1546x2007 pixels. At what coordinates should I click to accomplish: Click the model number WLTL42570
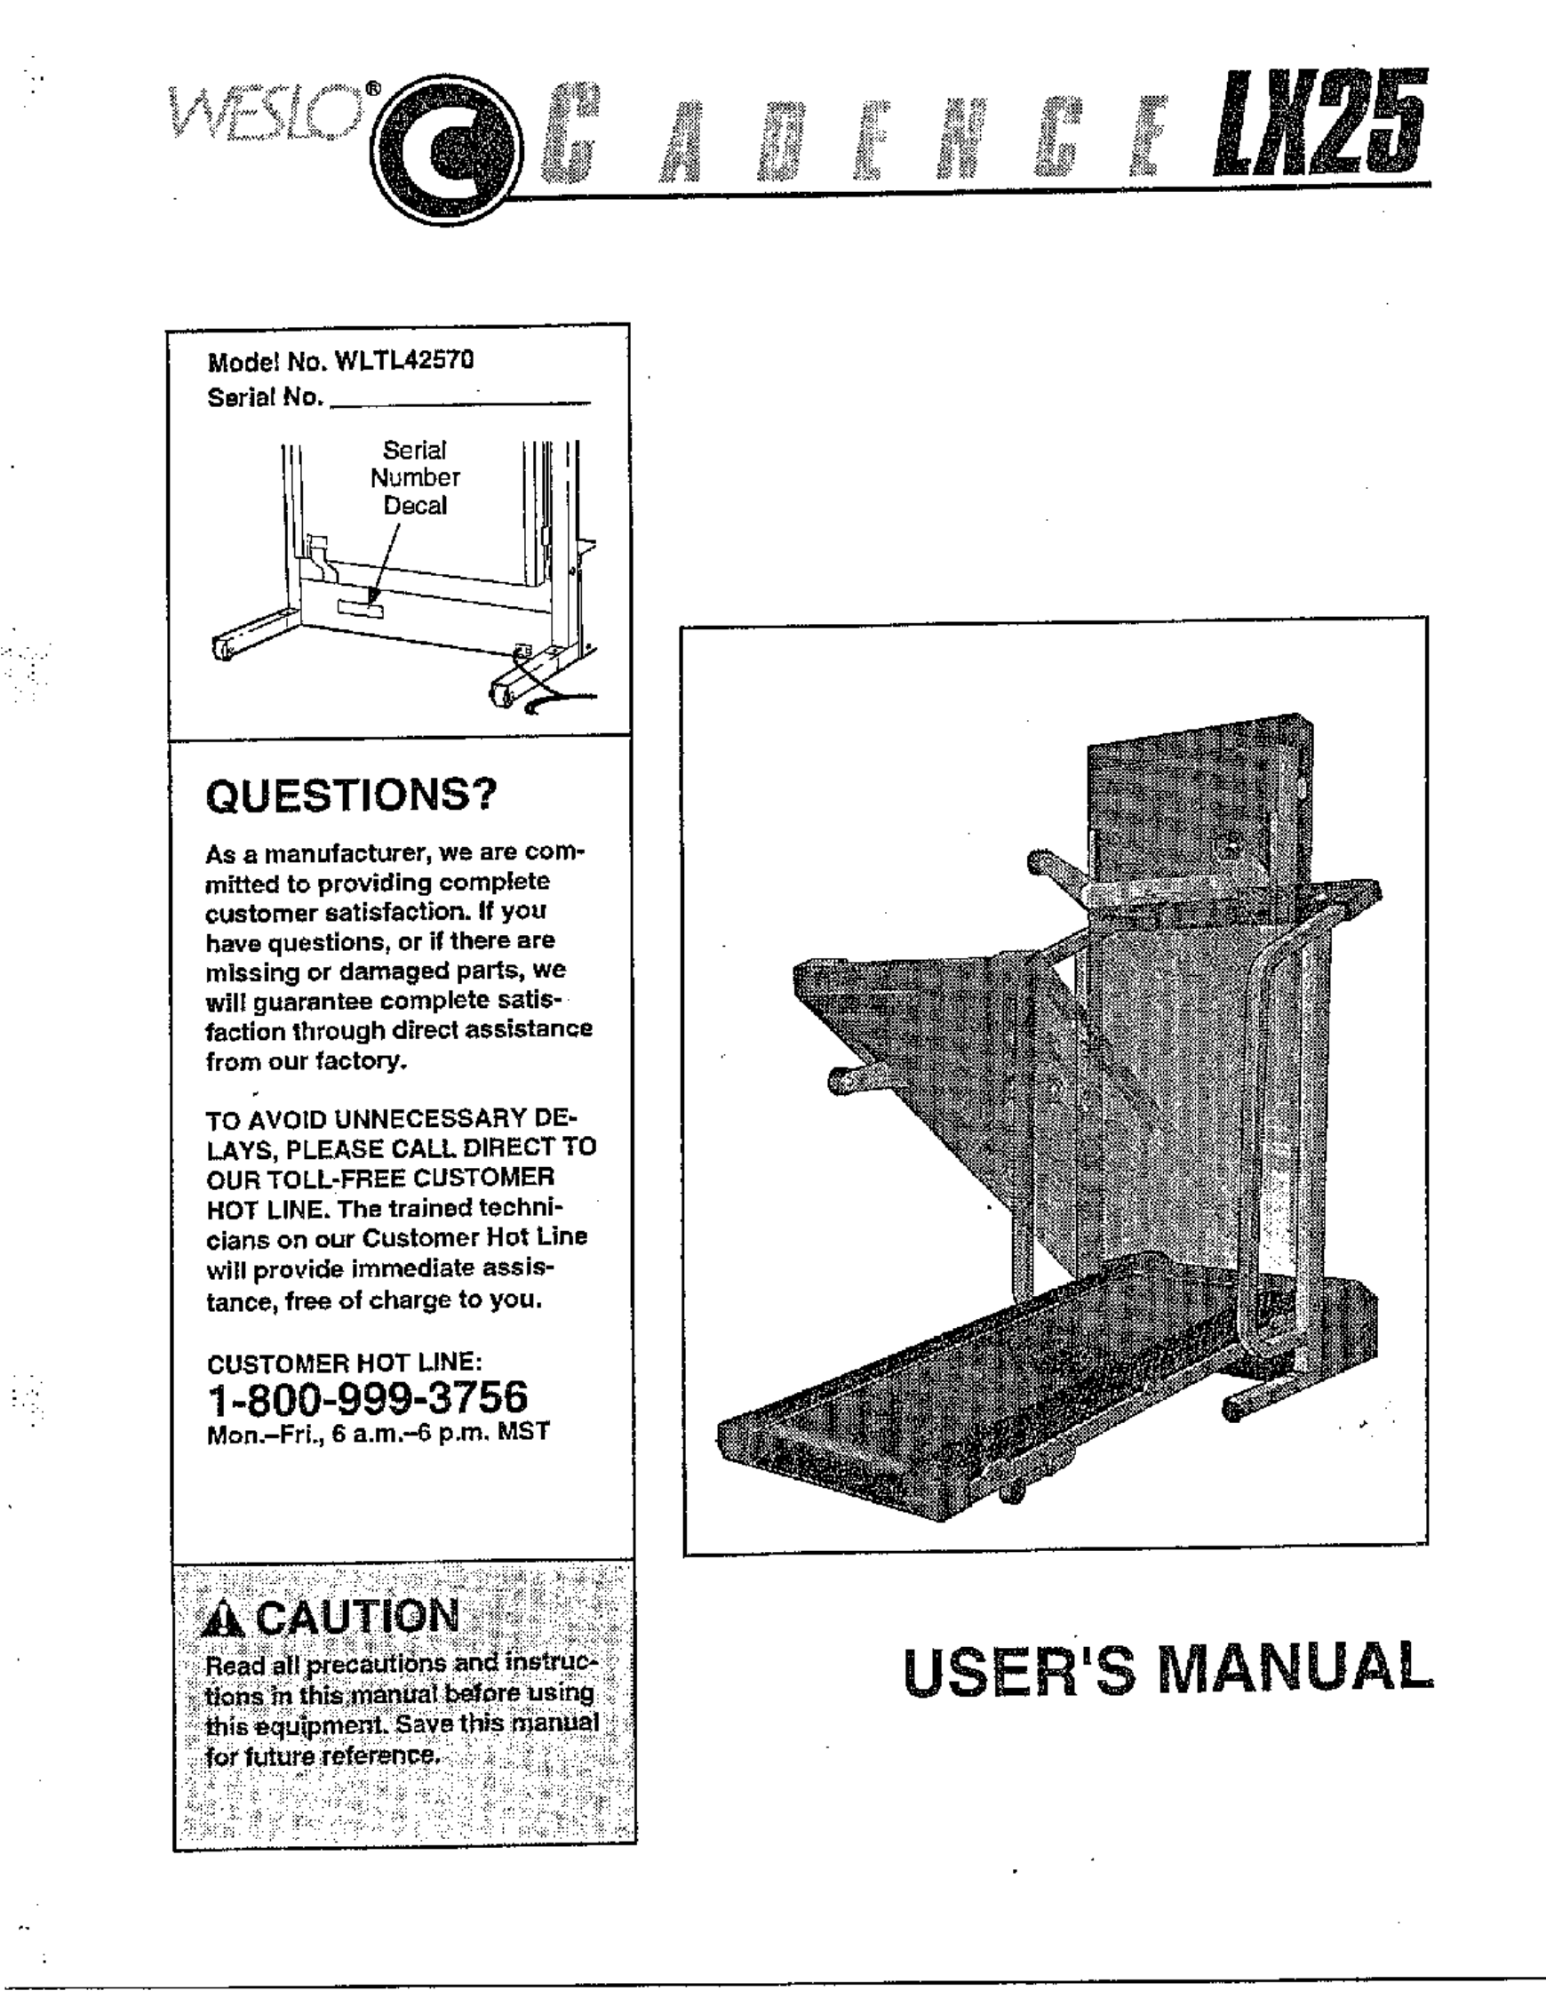click(x=405, y=361)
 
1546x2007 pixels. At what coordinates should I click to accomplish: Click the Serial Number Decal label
click(x=415, y=478)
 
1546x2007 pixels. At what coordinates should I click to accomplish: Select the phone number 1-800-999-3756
click(x=368, y=1398)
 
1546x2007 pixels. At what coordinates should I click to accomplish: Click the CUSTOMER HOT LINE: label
click(x=345, y=1362)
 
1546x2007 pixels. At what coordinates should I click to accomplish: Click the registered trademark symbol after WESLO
click(x=372, y=88)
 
